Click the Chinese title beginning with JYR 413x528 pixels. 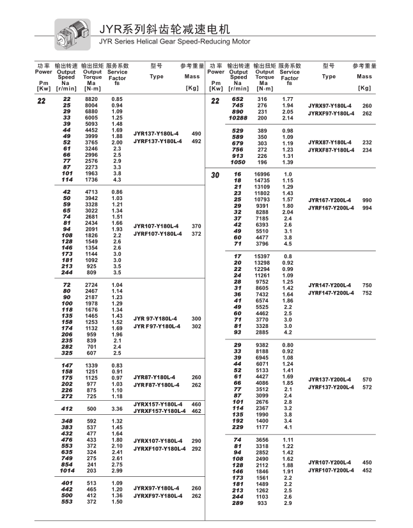pyautogui.click(x=164, y=29)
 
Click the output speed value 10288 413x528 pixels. pyautogui.click(x=237, y=118)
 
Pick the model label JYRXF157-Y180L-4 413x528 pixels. pyautogui.click(x=160, y=412)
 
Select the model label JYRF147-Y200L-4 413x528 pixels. pyautogui.click(x=331, y=293)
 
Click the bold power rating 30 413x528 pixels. pyautogui.click(x=215, y=175)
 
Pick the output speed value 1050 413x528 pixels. pyautogui.click(x=238, y=162)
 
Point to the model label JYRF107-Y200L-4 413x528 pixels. pyautogui.click(x=331, y=470)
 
